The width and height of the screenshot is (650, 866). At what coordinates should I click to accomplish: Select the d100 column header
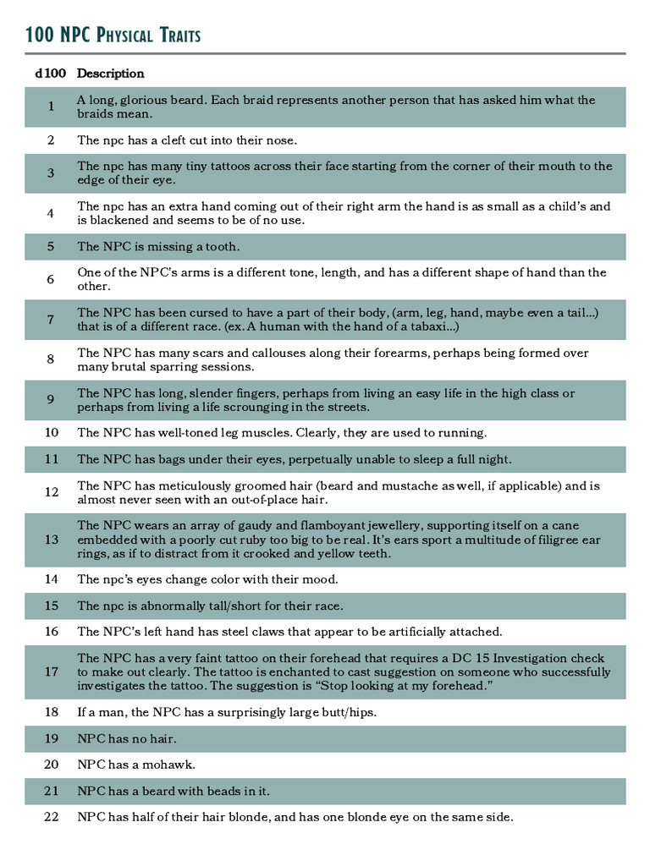51,74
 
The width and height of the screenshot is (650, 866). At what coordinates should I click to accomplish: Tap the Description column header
111,74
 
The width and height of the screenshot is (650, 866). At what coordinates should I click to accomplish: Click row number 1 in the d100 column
51,107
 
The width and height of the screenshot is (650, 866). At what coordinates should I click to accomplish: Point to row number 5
51,247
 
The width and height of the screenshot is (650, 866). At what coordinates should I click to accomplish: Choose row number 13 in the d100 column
51,540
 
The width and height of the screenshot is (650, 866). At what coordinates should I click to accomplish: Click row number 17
51,672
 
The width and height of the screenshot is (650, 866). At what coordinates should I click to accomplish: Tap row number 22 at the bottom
51,817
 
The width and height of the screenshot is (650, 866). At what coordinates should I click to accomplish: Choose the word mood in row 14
320,579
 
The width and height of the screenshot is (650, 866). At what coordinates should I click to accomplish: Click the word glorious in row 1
161,100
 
